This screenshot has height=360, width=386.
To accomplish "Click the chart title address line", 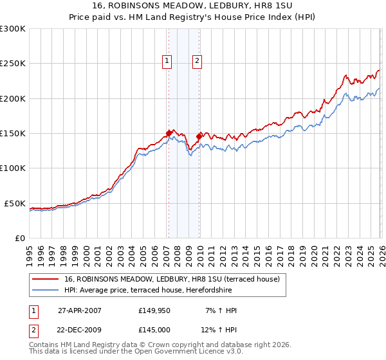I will (x=193, y=6).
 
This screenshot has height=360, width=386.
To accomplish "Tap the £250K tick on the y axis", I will (x=13, y=64).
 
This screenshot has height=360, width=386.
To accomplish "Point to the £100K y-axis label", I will (x=13, y=168).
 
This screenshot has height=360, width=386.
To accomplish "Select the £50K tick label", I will (x=15, y=203).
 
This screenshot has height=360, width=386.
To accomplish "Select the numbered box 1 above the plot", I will (x=167, y=61).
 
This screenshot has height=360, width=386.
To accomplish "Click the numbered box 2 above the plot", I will (x=197, y=61).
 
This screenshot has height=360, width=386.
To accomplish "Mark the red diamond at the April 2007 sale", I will (x=169, y=134).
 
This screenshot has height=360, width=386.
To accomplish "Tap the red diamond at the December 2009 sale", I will (x=199, y=136).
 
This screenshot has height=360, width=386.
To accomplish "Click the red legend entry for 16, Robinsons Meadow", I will (x=172, y=280).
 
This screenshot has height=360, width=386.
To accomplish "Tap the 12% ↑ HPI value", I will (x=219, y=330).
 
